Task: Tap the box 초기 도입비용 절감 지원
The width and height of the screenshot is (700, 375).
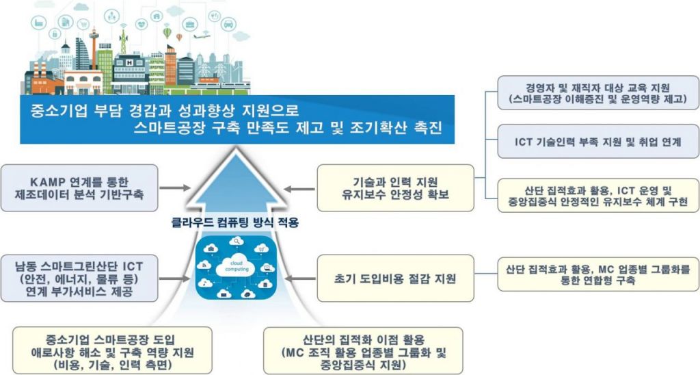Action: tap(395, 279)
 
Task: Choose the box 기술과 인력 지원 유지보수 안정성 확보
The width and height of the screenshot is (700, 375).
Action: tap(395, 187)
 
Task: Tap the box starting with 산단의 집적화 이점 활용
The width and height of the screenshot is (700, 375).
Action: tap(363, 349)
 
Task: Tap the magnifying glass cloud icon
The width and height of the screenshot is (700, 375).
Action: tap(237, 241)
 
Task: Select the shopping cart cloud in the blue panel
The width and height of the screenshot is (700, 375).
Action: tap(260, 247)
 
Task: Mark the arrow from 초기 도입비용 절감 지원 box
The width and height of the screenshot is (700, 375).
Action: tap(298, 279)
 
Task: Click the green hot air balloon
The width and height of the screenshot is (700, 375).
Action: tap(167, 31)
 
